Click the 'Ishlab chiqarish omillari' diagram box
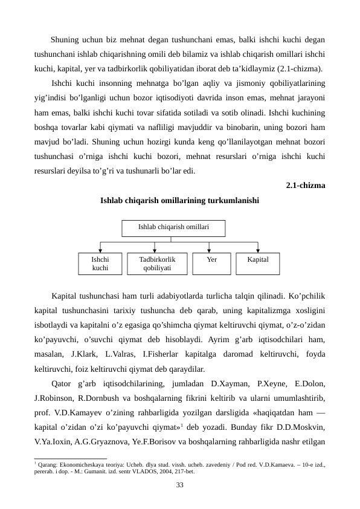coord(173,228)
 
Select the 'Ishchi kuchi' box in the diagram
coord(100,263)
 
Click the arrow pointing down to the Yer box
coord(210,248)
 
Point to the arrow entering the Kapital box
coord(258,248)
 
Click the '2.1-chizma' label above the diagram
coord(305,186)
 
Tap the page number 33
coord(179,485)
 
